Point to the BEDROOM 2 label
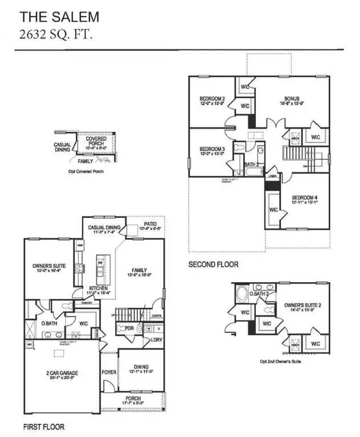(x=212, y=99)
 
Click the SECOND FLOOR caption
(x=214, y=265)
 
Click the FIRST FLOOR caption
(x=44, y=426)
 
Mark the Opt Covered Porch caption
(x=83, y=171)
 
